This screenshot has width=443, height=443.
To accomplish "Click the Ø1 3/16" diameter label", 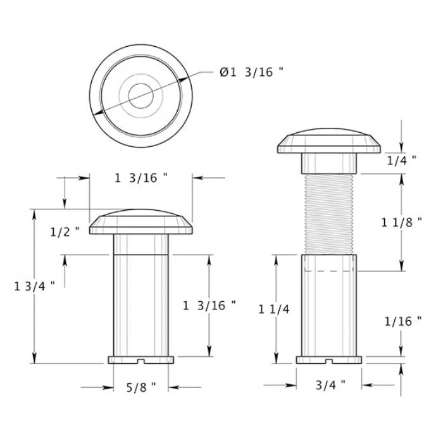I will coord(251,73).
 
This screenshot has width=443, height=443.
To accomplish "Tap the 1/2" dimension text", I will coord(65,231).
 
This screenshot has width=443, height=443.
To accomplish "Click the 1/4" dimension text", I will coord(401,160).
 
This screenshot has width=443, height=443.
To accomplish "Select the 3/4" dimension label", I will coord(330,384).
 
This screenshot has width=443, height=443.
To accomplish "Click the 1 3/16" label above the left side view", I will coord(141,178).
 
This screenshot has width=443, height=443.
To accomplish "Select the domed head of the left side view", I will coord(140,221).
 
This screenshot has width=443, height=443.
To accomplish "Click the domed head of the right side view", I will coord(329,142).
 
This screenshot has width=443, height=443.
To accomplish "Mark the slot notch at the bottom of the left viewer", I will coord(141,361).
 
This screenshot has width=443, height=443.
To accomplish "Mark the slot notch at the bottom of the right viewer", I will coord(329,361).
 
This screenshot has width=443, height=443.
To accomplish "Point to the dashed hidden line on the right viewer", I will coord(329,271).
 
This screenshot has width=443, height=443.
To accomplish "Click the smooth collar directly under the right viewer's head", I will coord(329,164).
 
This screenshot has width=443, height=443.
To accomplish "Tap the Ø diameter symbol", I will coord(224,73).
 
